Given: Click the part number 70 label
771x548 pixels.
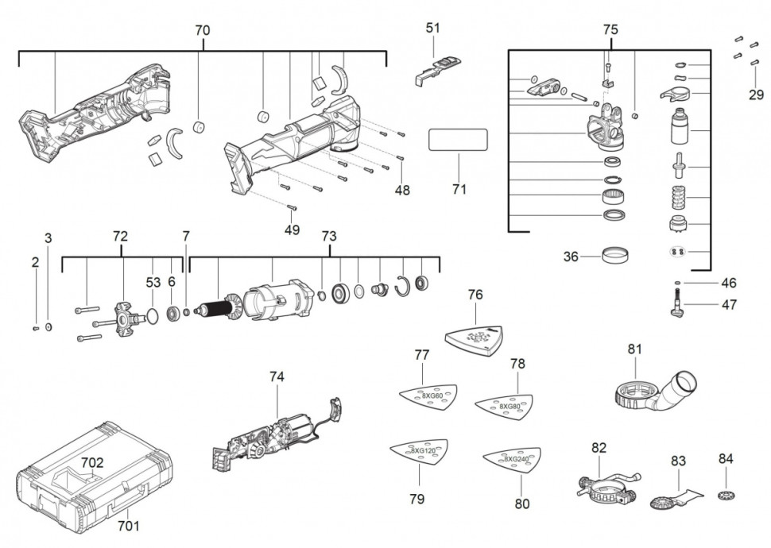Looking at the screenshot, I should [203, 30].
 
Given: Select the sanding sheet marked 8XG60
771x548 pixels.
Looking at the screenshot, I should [428, 396].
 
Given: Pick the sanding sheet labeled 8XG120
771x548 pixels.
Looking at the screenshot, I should [419, 451].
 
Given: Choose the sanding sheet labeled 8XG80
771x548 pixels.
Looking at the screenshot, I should [509, 405].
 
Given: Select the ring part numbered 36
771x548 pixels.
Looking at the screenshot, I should [617, 257].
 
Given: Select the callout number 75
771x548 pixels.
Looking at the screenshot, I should [610, 30].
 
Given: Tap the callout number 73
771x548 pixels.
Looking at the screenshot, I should [328, 237].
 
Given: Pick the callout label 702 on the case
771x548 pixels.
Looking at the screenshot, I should [92, 461].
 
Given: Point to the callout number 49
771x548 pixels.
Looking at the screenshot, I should [293, 230].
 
